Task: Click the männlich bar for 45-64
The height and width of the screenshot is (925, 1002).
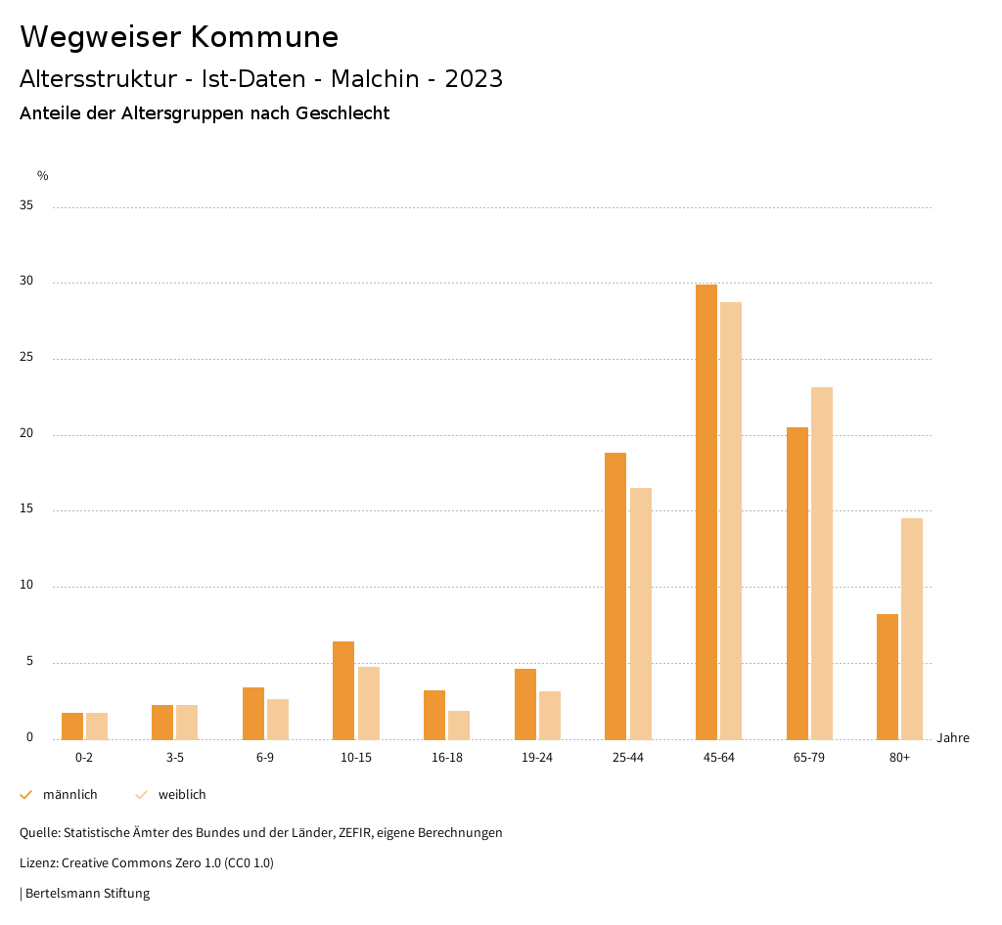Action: (x=706, y=511)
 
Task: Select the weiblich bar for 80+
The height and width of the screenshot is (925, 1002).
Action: (x=912, y=629)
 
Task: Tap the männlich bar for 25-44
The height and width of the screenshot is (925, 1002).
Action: (x=615, y=595)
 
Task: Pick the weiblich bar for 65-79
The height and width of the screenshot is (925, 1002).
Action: (x=822, y=563)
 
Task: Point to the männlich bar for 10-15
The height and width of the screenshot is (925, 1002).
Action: (x=343, y=690)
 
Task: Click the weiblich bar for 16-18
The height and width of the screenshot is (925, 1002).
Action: (x=459, y=725)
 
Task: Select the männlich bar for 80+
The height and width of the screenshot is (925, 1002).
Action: (x=888, y=677)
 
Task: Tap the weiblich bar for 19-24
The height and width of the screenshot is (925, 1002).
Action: (x=550, y=715)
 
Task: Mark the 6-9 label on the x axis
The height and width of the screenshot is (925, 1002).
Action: (x=265, y=758)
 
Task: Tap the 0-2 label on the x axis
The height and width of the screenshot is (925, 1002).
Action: (x=84, y=758)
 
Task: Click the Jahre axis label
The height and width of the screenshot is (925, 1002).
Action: (x=953, y=738)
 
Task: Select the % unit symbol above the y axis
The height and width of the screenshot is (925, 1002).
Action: (x=43, y=176)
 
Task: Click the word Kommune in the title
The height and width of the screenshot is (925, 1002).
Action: (x=264, y=37)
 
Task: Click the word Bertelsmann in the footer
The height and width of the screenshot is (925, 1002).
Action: (x=63, y=894)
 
